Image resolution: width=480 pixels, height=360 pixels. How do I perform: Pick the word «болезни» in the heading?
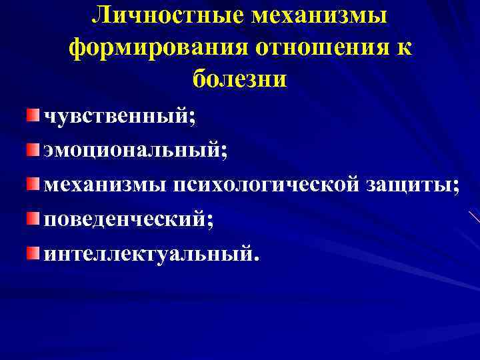240,79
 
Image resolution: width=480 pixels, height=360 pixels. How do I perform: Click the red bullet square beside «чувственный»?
33,117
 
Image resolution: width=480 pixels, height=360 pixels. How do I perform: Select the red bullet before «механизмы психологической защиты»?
33,183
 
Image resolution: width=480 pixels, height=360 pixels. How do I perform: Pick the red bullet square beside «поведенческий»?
33,217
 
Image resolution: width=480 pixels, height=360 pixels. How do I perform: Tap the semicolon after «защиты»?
455,187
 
